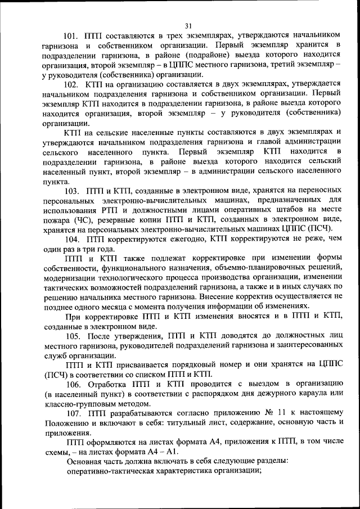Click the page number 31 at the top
point(188,25)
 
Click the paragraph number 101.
point(71,34)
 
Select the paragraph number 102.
point(71,83)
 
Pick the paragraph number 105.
point(71,336)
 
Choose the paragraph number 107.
point(71,413)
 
